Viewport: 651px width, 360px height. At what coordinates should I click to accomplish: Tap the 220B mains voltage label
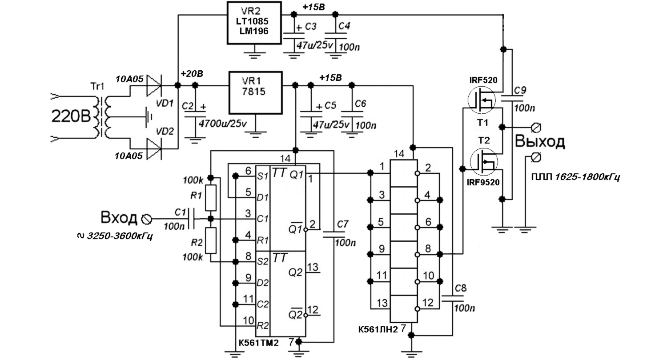click(x=71, y=116)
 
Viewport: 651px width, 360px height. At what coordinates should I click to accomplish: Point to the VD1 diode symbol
click(x=154, y=85)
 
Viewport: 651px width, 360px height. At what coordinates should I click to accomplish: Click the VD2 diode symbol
click(x=154, y=149)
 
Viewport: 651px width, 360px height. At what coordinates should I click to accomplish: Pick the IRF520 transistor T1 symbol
click(x=481, y=100)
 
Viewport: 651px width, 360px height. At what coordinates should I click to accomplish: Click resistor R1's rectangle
click(x=211, y=198)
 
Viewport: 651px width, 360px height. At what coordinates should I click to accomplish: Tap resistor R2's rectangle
click(x=211, y=240)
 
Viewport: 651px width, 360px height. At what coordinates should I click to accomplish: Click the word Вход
click(x=119, y=217)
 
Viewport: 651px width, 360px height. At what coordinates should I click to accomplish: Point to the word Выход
click(x=540, y=141)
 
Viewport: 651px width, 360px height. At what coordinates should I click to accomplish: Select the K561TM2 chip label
click(x=259, y=343)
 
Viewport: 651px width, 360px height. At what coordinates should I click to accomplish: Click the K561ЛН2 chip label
click(x=378, y=329)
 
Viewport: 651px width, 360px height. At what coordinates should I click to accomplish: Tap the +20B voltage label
click(x=192, y=74)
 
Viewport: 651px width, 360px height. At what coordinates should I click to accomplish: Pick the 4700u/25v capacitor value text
click(x=223, y=124)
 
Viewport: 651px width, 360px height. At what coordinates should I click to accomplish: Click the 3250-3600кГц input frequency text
click(x=120, y=236)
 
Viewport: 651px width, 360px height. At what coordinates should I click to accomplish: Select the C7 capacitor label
click(x=342, y=224)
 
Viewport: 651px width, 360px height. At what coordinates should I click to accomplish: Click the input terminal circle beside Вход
click(x=146, y=219)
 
